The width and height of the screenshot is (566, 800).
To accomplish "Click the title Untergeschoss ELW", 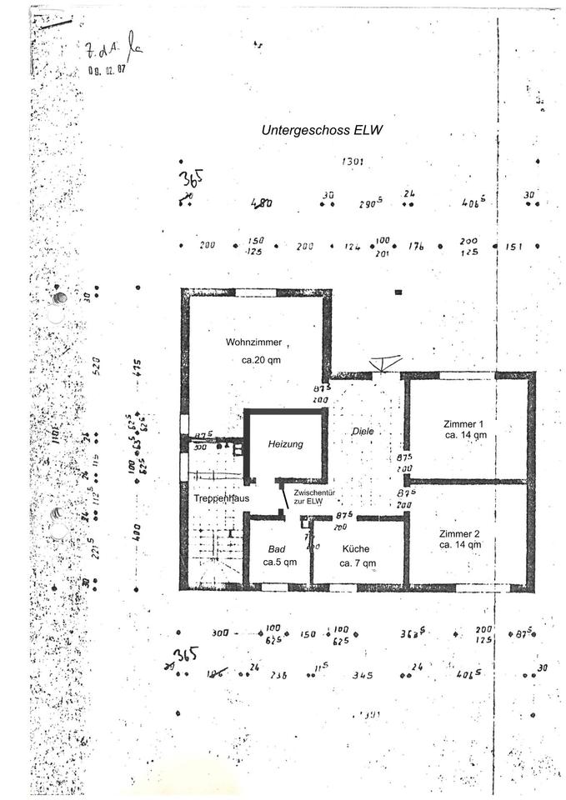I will tap(323, 131).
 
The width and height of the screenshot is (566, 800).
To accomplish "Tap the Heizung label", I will tap(285, 444).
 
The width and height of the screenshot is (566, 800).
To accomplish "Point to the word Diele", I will tap(363, 432).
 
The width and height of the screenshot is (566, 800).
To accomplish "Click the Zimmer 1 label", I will tap(465, 424).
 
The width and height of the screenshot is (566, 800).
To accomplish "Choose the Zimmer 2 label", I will tap(460, 533).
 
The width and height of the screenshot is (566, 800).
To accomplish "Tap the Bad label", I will tap(277, 550).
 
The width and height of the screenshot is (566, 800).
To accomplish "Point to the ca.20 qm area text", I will tap(257, 360).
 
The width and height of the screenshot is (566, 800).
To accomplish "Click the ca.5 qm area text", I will tap(280, 562).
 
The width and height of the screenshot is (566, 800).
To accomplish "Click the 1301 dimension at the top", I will tap(353, 162).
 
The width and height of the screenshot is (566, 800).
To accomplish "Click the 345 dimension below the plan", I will tap(363, 675).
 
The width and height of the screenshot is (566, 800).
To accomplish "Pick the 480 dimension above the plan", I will tap(263, 202).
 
